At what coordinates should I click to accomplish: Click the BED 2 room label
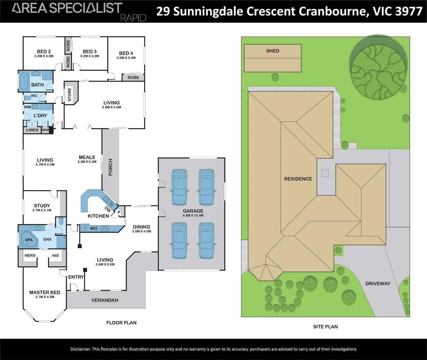point(44,51)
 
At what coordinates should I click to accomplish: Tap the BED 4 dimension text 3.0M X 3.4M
point(126,58)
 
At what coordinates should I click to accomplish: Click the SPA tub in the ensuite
point(29,240)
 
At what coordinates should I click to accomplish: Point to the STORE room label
point(69,95)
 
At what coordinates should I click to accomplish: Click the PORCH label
point(110,167)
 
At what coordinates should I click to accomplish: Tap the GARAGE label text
point(193,211)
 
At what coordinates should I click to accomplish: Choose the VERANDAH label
point(105,300)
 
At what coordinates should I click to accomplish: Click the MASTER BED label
point(45,292)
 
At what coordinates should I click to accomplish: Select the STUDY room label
point(42,206)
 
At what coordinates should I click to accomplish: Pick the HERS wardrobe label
point(30,256)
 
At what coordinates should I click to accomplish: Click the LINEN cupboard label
point(32,130)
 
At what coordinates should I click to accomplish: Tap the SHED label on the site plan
point(273,51)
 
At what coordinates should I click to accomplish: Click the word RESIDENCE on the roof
point(298,179)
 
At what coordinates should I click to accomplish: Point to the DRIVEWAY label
point(378,283)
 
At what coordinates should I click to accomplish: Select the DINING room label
point(141,227)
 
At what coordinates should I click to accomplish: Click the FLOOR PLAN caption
point(121,323)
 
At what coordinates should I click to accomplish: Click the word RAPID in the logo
point(133,18)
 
